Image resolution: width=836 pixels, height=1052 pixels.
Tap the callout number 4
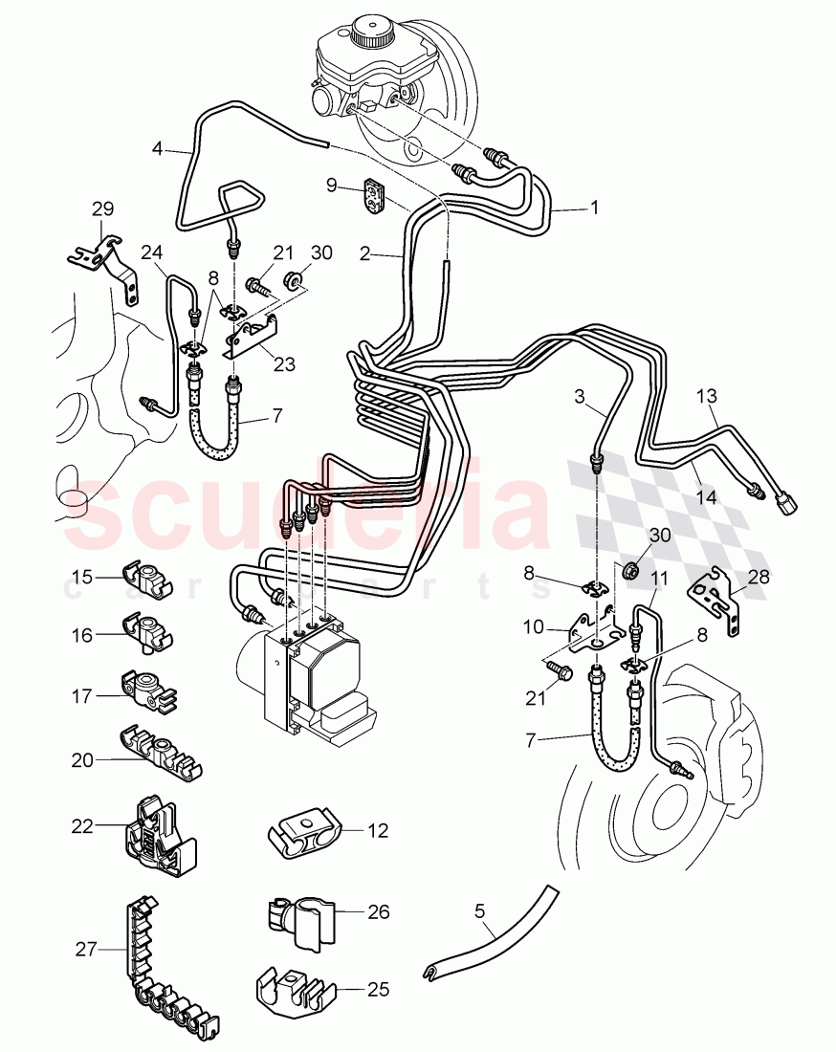158,148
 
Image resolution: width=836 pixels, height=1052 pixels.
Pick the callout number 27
87,951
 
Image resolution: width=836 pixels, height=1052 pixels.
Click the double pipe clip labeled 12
304,830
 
